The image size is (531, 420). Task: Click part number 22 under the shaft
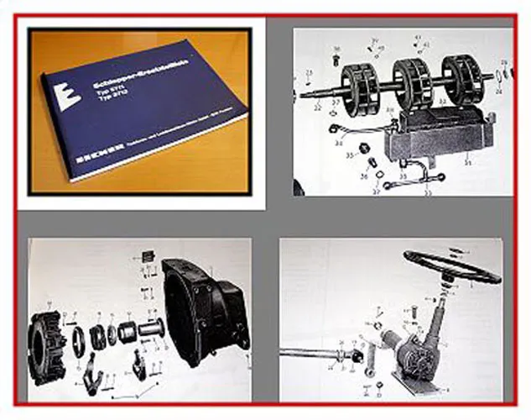[x=318, y=108]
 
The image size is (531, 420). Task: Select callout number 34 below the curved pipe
[x=339, y=143]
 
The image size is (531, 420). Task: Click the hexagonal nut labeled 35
[x=366, y=151]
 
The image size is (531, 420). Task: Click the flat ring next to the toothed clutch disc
[x=78, y=341]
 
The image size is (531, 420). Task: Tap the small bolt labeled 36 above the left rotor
[x=336, y=60]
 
